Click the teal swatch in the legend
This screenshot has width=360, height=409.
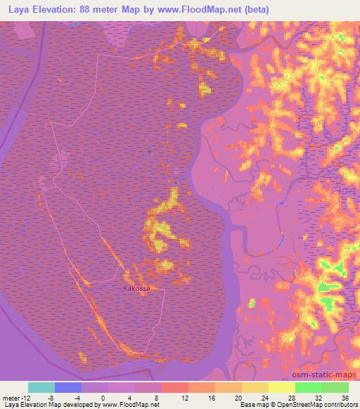click(x=41, y=387)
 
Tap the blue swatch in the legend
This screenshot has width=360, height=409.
click(x=68, y=387)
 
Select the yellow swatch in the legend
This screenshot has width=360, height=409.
click(x=281, y=387)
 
